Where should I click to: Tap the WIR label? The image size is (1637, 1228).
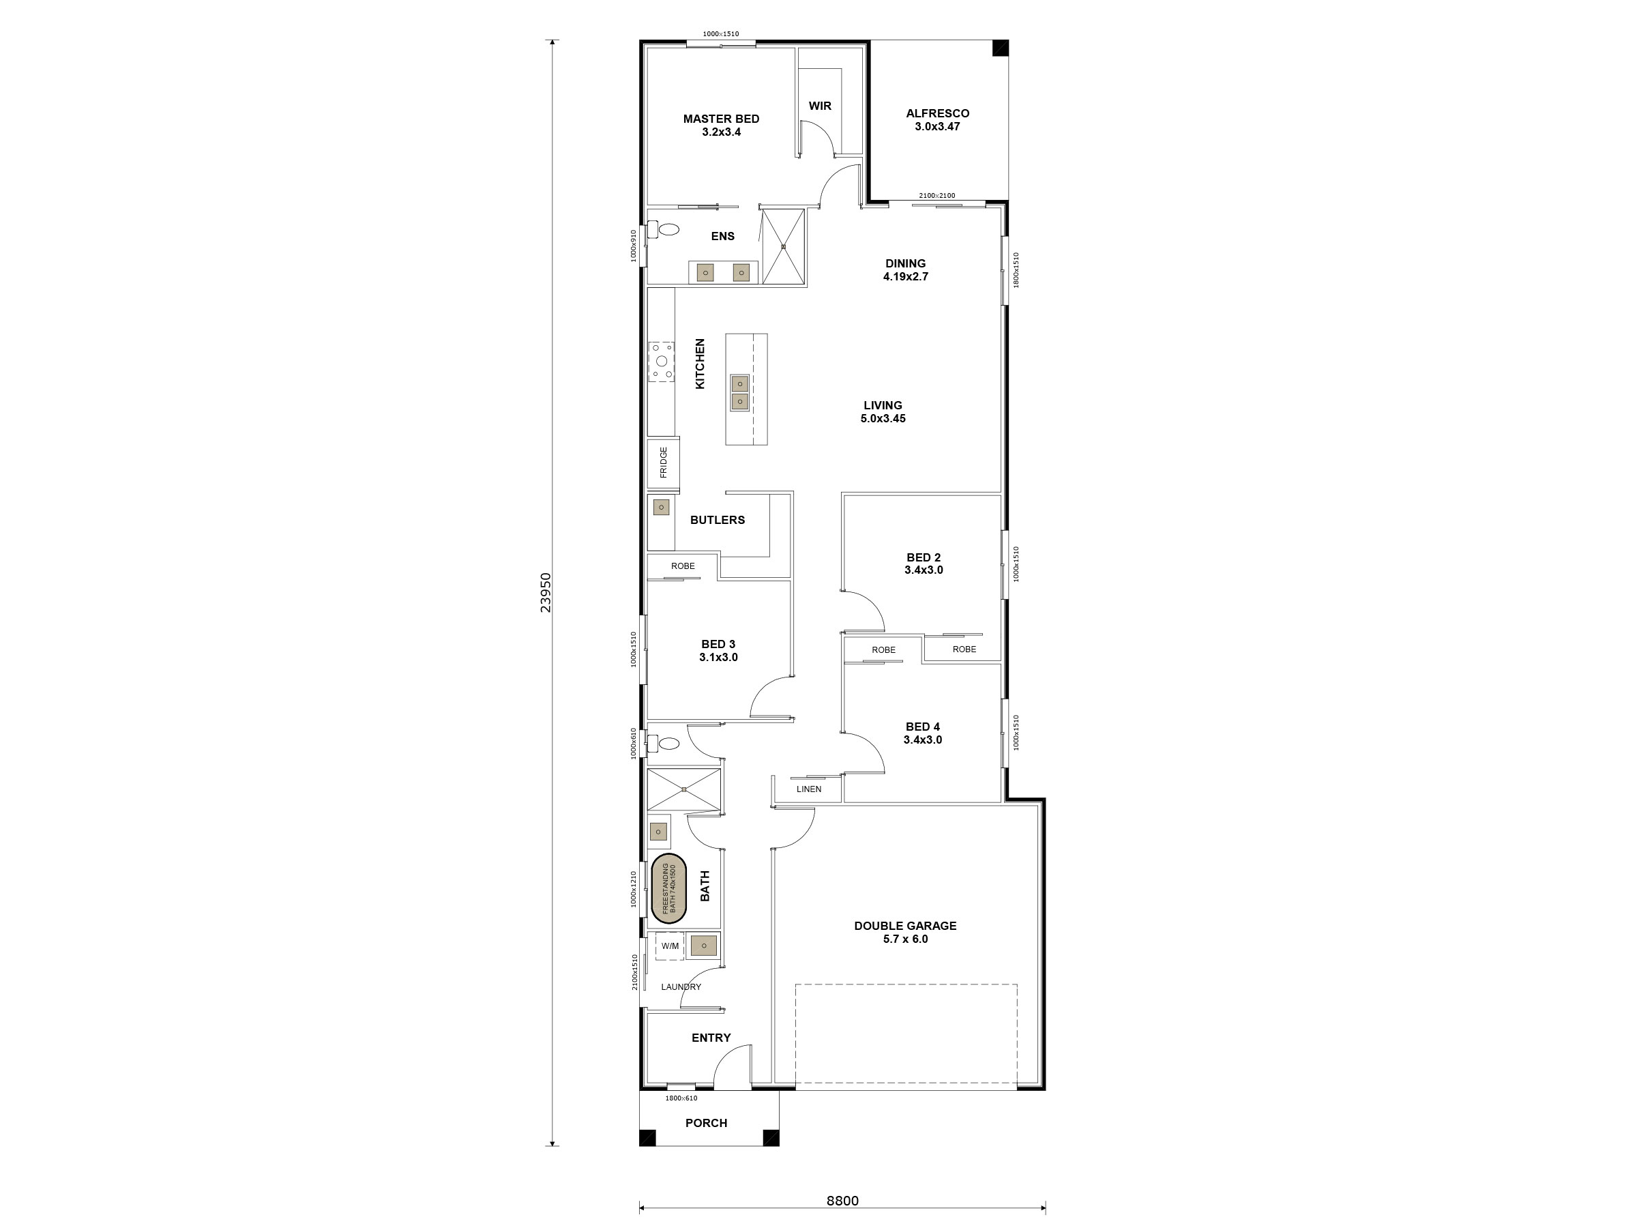[819, 106]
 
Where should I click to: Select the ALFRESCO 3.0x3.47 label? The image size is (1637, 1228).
[937, 120]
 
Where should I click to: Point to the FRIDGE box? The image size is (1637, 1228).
[663, 463]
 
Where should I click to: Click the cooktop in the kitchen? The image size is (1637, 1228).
[662, 361]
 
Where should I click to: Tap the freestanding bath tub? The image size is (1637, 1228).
[668, 888]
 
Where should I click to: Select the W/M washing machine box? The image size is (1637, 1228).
[670, 946]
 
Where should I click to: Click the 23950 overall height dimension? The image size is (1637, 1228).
[546, 592]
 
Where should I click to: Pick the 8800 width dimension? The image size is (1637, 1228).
[842, 1201]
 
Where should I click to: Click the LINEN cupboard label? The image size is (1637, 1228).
[809, 789]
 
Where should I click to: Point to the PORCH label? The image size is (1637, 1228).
[706, 1123]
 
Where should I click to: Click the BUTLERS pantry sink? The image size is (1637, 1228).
[662, 508]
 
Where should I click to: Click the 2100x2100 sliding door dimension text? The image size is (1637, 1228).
[937, 195]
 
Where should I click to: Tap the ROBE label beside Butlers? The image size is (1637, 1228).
[682, 566]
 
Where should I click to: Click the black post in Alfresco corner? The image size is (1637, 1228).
[1000, 48]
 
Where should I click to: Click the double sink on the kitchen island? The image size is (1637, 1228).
[739, 393]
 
